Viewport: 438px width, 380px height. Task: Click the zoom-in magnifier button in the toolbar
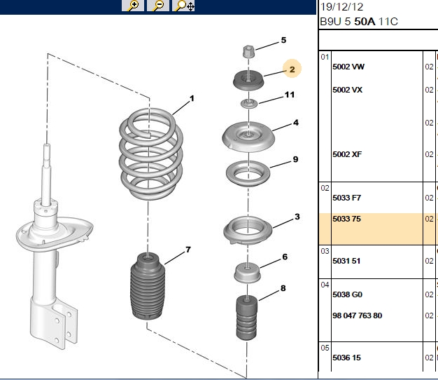(x=133, y=6)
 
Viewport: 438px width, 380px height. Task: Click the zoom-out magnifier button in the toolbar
(x=158, y=6)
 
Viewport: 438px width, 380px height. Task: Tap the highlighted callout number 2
(x=292, y=69)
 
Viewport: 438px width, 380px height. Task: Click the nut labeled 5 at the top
(x=248, y=52)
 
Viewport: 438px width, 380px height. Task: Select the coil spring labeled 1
(x=151, y=154)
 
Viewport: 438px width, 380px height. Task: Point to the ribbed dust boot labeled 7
(x=148, y=285)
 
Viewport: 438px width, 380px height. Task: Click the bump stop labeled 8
(x=247, y=318)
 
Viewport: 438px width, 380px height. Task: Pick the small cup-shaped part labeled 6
(x=247, y=273)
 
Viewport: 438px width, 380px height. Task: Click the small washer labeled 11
(x=248, y=104)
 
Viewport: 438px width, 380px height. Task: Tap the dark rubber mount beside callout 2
(x=248, y=81)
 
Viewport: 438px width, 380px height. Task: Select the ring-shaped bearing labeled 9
(x=248, y=173)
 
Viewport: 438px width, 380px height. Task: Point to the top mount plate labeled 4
(x=248, y=137)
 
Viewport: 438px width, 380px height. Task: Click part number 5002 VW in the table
(x=348, y=67)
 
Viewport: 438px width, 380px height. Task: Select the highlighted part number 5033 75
(x=346, y=219)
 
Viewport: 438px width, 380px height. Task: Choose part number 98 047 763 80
(x=358, y=315)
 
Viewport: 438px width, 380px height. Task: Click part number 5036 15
(x=346, y=358)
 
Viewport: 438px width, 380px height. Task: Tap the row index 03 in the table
(x=325, y=251)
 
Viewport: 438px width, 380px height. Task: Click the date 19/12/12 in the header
(x=341, y=7)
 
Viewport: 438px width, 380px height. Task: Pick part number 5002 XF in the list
(x=347, y=154)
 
